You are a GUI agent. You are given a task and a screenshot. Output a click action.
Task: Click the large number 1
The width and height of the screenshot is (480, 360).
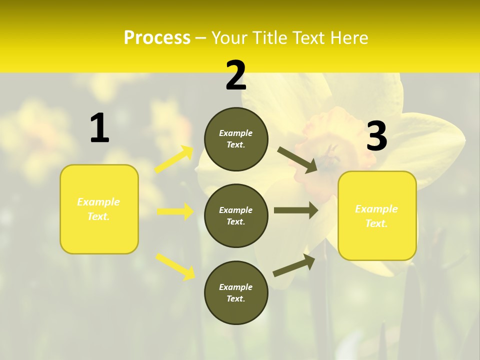(99, 128)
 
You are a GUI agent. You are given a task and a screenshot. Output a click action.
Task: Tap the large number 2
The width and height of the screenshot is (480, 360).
(236, 75)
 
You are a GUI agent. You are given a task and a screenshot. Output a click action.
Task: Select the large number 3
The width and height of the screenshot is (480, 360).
(377, 136)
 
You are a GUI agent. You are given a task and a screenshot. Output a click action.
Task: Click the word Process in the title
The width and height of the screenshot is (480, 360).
(157, 37)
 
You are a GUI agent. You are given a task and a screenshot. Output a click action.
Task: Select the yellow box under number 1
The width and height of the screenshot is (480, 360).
(99, 209)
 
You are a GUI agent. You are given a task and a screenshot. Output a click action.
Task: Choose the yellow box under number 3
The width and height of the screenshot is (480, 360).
(377, 215)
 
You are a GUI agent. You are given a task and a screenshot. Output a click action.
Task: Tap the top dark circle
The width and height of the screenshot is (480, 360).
(236, 139)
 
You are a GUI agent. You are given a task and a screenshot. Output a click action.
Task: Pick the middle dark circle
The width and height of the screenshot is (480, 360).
(236, 215)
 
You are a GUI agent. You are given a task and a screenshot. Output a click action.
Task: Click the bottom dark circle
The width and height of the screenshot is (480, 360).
(236, 292)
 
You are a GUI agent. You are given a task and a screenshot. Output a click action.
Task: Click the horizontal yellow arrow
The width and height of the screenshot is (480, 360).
(175, 211)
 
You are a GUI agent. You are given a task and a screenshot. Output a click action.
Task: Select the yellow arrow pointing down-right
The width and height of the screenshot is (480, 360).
(175, 266)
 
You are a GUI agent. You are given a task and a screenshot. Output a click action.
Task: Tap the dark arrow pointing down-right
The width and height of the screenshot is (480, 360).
(297, 160)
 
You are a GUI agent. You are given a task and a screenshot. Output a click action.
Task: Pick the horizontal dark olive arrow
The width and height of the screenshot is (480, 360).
(296, 210)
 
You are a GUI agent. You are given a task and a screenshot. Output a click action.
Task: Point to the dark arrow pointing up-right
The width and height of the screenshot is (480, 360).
(294, 265)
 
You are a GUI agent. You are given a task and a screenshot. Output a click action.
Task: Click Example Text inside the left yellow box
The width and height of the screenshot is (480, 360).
(99, 209)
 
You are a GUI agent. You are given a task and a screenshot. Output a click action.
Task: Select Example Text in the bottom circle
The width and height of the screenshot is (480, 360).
(236, 292)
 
